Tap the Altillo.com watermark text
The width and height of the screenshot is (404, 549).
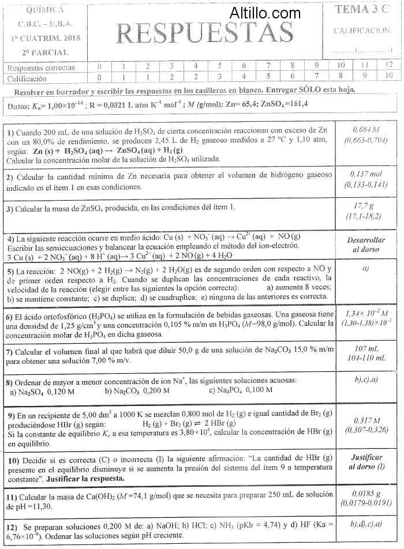[265, 13]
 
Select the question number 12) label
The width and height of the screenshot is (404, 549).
[12, 527]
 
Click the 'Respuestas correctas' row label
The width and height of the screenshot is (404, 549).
[41, 68]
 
